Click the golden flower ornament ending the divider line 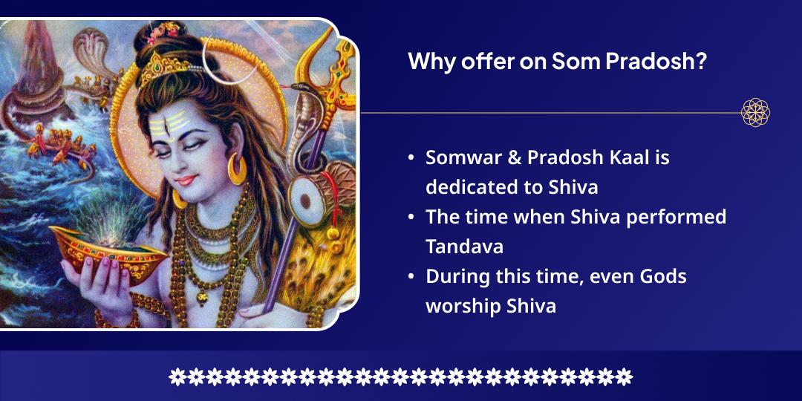755,113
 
